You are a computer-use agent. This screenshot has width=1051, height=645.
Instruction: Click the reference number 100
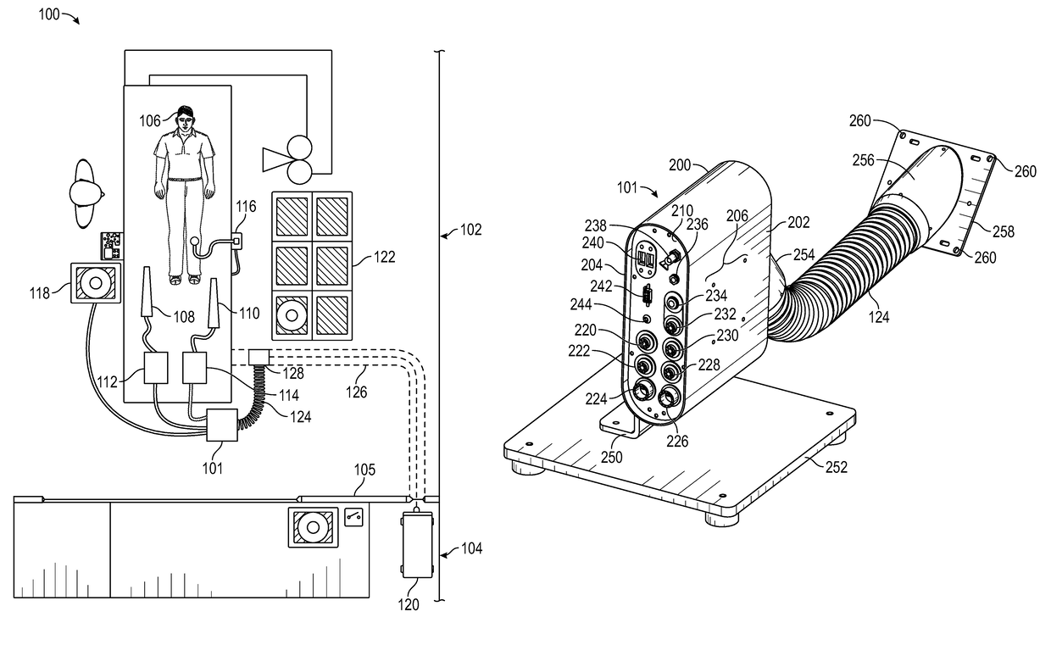click(49, 14)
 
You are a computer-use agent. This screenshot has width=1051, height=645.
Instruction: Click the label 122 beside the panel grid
click(384, 257)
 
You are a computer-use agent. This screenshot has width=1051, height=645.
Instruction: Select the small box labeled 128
click(259, 358)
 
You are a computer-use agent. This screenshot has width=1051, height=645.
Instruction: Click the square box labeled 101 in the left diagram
click(222, 425)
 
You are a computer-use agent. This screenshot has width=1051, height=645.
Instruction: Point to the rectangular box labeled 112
click(156, 368)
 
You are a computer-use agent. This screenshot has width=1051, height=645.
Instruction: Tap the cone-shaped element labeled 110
click(214, 303)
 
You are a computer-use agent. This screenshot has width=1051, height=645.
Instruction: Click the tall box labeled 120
click(418, 545)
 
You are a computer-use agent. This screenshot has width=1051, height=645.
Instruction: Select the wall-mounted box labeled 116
click(236, 242)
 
